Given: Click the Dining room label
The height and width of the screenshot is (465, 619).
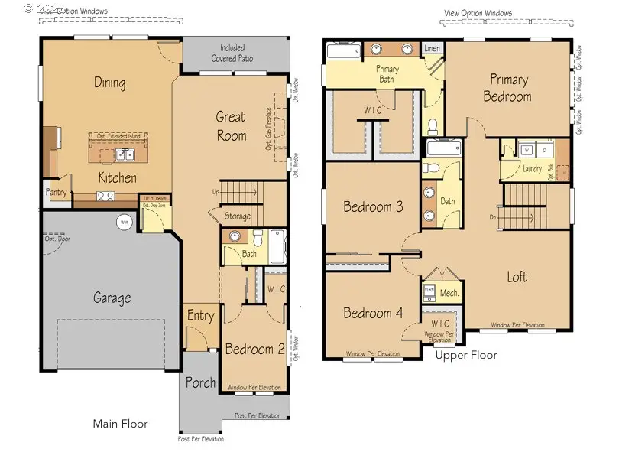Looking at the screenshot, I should click(109, 83).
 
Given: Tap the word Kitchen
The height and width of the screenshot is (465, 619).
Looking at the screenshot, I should click(117, 177).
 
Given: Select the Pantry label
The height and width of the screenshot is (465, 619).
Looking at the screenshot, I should click(57, 192).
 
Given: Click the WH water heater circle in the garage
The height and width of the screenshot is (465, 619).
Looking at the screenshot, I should click(123, 222).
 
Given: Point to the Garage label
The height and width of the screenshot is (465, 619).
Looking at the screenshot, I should click(112, 298).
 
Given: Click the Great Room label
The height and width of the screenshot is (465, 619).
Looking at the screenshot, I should click(230, 126).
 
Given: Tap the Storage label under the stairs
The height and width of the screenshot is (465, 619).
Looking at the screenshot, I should click(237, 216).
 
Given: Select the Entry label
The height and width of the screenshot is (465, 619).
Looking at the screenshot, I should click(201, 316).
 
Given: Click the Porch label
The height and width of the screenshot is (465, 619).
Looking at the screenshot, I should click(199, 382).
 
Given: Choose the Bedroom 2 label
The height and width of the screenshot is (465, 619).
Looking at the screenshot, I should click(254, 350).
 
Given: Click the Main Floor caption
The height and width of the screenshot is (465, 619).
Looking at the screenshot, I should click(120, 423).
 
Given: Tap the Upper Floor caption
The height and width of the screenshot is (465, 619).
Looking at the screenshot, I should click(466, 355).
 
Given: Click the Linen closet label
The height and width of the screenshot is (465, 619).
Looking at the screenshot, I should click(432, 48).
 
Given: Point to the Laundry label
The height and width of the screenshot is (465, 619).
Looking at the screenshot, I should click(532, 169).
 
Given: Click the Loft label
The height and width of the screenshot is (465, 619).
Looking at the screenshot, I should click(517, 277).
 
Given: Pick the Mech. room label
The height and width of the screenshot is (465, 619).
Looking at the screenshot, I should click(449, 292).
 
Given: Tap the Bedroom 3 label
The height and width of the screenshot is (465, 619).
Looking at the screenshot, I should click(373, 206).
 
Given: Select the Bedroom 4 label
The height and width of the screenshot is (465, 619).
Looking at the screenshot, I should click(373, 313).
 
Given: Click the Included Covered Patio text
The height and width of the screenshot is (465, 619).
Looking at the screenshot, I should click(236, 53).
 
